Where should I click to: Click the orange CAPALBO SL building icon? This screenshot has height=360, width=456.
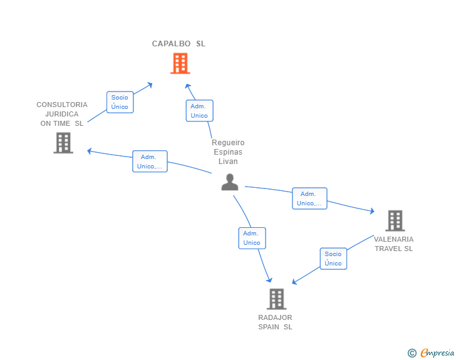click(180, 63)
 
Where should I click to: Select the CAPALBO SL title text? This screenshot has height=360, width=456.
click(179, 44)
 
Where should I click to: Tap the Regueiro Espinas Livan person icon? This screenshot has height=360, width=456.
click(230, 182)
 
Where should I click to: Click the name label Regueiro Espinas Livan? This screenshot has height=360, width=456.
click(228, 152)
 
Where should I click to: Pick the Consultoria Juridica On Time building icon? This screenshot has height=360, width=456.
click(63, 143)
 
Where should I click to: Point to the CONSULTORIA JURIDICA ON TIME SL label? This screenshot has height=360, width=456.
click(62, 114)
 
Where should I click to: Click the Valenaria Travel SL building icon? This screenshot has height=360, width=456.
click(395, 220)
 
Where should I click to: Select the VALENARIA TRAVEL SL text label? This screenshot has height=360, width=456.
click(393, 244)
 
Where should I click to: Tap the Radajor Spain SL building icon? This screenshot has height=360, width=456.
click(276, 299)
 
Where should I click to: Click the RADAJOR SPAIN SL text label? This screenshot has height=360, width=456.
click(275, 322)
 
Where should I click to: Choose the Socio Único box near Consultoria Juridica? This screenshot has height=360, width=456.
click(120, 102)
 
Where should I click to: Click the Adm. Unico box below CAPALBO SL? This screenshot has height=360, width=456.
click(199, 111)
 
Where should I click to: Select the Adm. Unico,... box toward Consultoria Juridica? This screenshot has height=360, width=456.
click(150, 162)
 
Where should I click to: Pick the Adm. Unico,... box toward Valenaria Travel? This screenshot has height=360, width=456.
click(309, 198)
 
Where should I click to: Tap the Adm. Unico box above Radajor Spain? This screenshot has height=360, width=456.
click(252, 238)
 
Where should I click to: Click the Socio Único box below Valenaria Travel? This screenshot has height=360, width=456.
click(333, 259)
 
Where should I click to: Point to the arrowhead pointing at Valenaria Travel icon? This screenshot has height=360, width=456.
click(371, 212)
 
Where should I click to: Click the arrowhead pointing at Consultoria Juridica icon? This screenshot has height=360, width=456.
click(90, 150)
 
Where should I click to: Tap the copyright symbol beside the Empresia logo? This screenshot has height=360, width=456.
click(412, 353)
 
